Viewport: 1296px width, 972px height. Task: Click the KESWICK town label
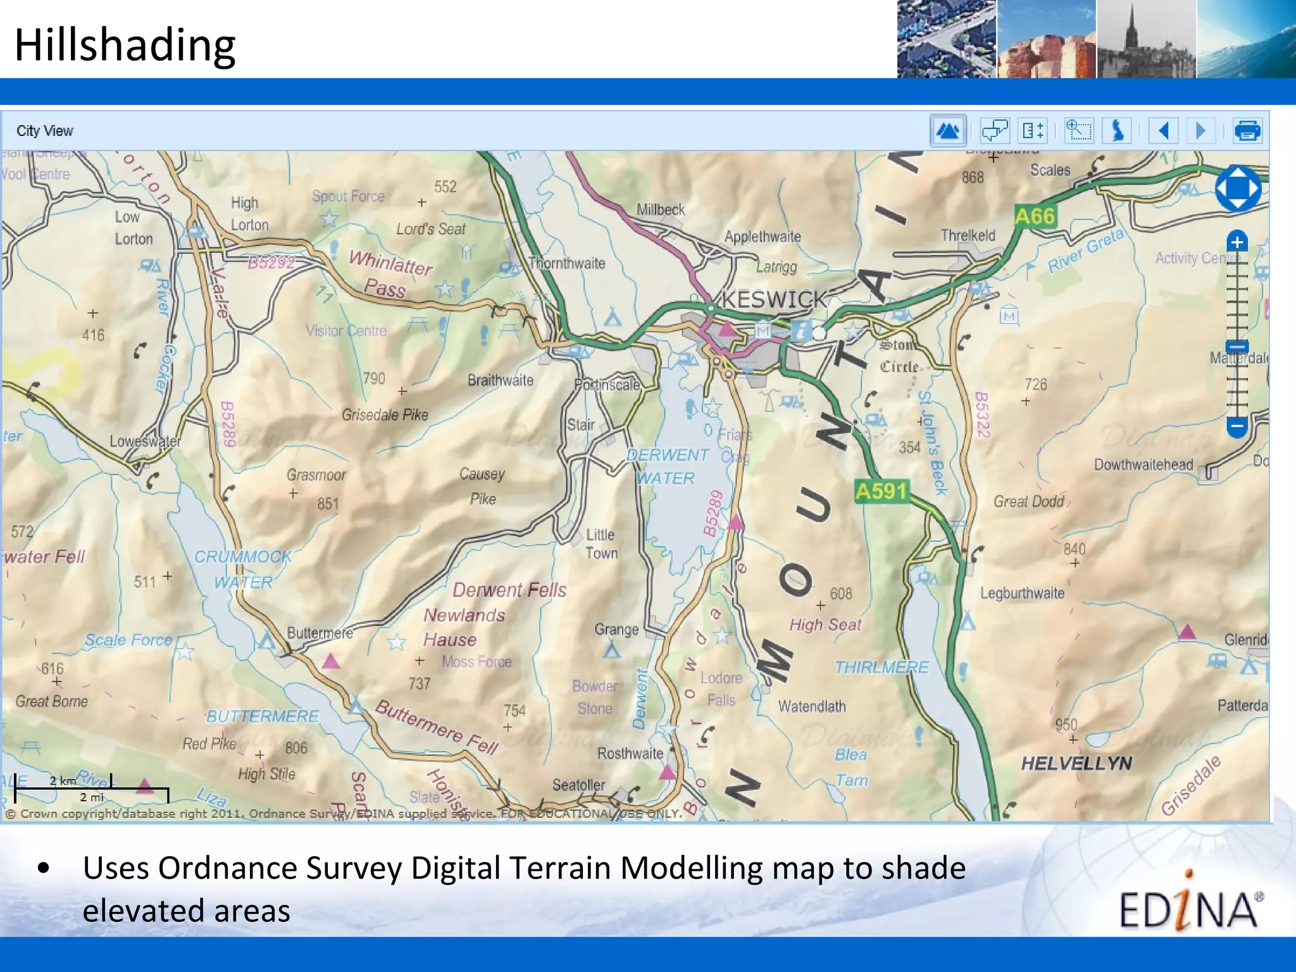coord(774,299)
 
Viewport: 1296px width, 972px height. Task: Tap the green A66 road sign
coord(1035,217)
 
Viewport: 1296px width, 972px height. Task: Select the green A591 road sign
coord(882,491)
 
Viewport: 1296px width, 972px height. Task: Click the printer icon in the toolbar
coord(1247,131)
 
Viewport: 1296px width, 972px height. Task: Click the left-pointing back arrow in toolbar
coord(1163,131)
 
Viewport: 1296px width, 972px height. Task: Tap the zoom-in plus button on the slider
coord(1237,242)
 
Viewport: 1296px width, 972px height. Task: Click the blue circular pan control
coord(1238,189)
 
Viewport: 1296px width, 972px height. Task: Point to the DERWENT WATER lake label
coord(666,466)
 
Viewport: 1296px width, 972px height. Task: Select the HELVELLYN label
coord(1076,763)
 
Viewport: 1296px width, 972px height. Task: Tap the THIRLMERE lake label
coord(882,667)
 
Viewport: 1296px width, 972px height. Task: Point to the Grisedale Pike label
coord(385,415)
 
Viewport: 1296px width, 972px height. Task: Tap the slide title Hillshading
coord(125,46)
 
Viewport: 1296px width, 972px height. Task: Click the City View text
coord(45,131)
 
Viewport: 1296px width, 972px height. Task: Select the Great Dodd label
coord(1028,502)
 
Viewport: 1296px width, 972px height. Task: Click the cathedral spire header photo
coord(1146,39)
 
